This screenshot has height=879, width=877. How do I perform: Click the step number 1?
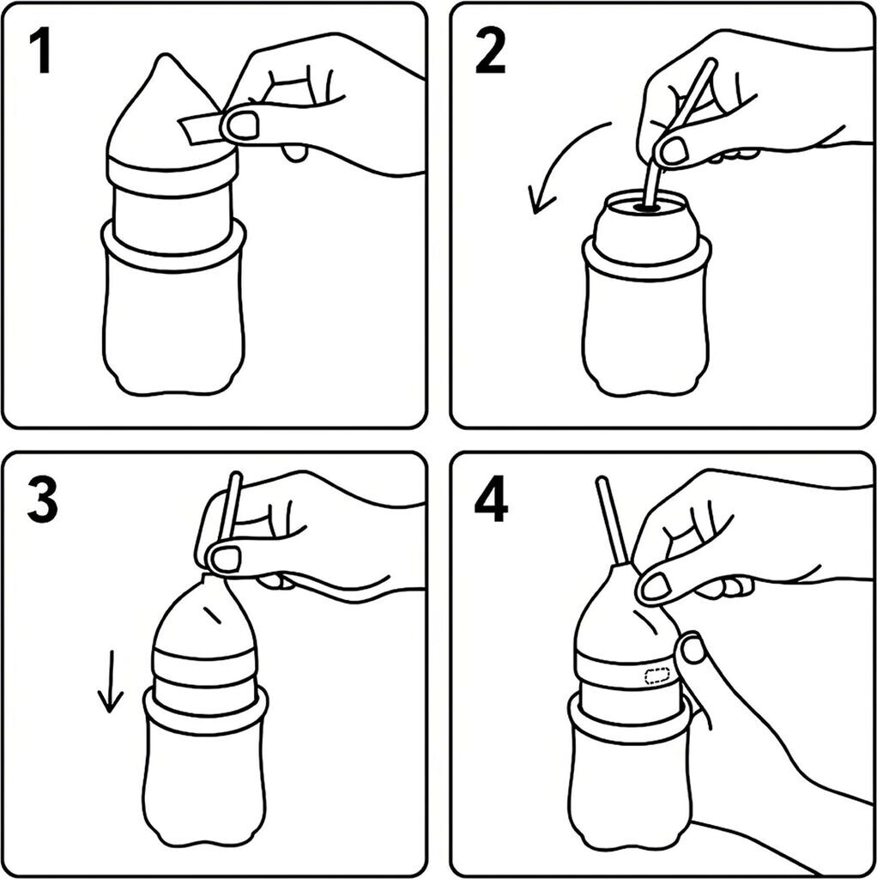click(x=39, y=53)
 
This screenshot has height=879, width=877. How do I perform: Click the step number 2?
click(x=490, y=53)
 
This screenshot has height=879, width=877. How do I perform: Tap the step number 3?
click(x=42, y=500)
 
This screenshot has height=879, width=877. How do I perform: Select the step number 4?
click(x=492, y=500)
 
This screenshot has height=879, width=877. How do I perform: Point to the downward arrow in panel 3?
click(x=110, y=681)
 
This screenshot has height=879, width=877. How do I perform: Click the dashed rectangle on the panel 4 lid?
click(x=658, y=675)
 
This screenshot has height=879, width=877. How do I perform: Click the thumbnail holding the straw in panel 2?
click(x=674, y=150)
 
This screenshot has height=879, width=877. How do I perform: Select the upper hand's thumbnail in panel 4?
click(x=656, y=586)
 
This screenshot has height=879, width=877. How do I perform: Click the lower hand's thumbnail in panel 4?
click(x=693, y=651)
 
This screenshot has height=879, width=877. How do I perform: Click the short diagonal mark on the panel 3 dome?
click(x=214, y=615)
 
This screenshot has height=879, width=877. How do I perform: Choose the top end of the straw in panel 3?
click(x=235, y=477)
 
